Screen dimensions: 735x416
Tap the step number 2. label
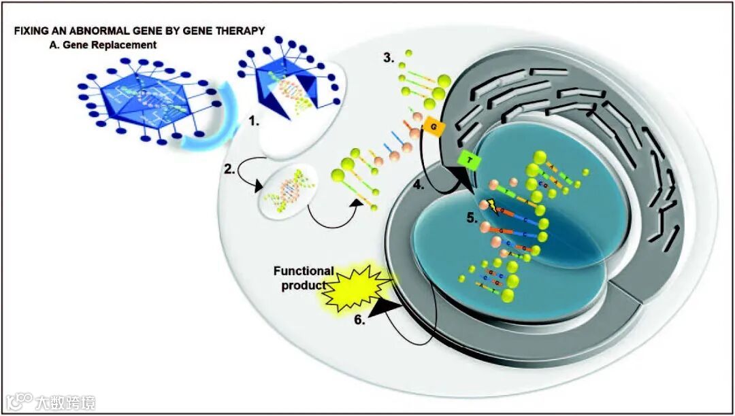pyautogui.click(x=231, y=170)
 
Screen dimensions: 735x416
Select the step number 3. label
pyautogui.click(x=388, y=58)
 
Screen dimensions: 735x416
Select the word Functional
pyautogui.click(x=303, y=271)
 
